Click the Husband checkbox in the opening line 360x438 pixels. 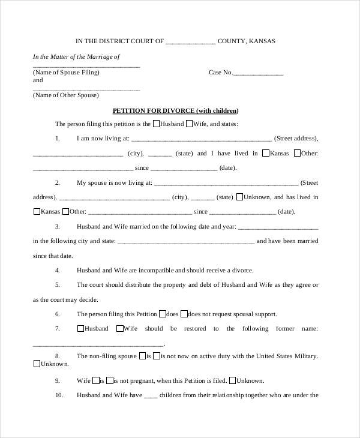pyautogui.click(x=156, y=124)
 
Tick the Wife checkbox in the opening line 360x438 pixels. pyautogui.click(x=188, y=124)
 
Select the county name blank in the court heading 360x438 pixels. pyautogui.click(x=190, y=42)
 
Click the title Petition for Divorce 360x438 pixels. pyautogui.click(x=176, y=110)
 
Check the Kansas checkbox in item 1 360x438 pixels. pyautogui.click(x=265, y=153)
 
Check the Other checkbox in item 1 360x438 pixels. pyautogui.click(x=296, y=153)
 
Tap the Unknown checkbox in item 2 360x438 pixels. pyautogui.click(x=239, y=197)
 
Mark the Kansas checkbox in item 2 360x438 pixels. pyautogui.click(x=37, y=211)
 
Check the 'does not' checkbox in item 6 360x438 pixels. pyautogui.click(x=184, y=314)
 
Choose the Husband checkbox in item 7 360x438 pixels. pyautogui.click(x=80, y=329)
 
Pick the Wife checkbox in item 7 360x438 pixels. pyautogui.click(x=119, y=329)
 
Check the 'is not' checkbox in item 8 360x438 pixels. pyautogui.click(x=156, y=356)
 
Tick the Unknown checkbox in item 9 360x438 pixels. pyautogui.click(x=232, y=380)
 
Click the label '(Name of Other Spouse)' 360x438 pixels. pyautogui.click(x=65, y=95)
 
